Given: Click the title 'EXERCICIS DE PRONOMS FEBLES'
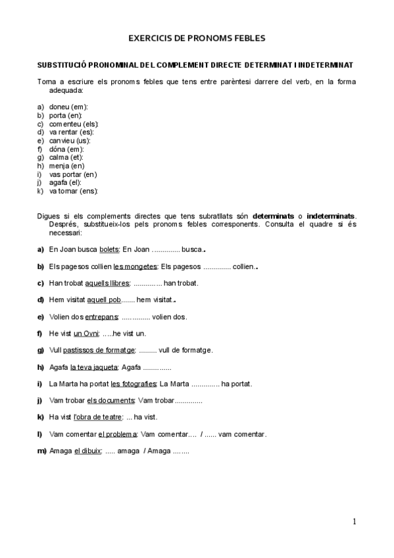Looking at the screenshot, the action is [197, 39].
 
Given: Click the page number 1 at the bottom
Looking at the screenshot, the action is [355, 522].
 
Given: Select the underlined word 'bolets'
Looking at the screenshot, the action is [109, 249].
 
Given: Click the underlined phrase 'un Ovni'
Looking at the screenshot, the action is [86, 334].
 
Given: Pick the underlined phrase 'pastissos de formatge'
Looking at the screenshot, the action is [99, 350].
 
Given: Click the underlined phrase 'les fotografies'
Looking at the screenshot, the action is [134, 384].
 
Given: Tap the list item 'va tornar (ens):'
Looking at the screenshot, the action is [73, 191].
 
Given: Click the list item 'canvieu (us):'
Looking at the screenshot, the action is [70, 141].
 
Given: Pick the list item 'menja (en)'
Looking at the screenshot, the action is [66, 166].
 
